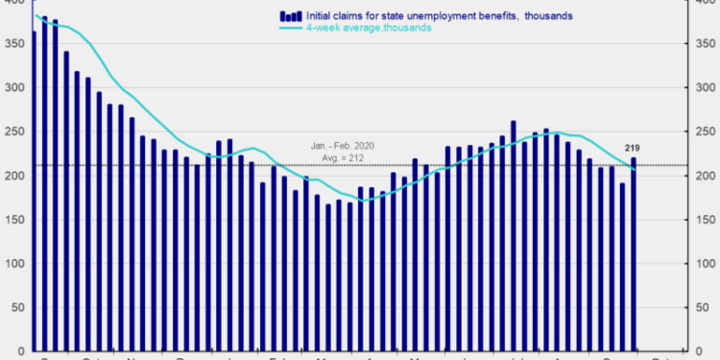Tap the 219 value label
(x=633, y=147)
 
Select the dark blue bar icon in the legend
(x=289, y=16)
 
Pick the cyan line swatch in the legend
(x=290, y=29)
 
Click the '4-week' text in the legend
(x=324, y=29)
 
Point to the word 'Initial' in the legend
(x=322, y=16)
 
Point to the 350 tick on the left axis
(x=14, y=44)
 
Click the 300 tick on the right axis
(x=705, y=88)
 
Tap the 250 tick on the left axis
(x=14, y=132)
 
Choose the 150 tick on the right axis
(x=705, y=220)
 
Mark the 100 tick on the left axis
(x=14, y=264)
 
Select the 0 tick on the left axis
(x=20, y=350)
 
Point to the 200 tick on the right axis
(x=705, y=176)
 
